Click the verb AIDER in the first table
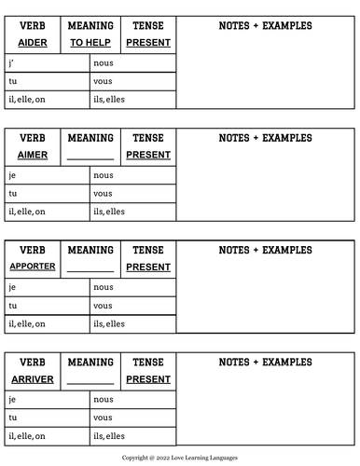(x=33, y=43)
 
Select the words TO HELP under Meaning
(x=90, y=43)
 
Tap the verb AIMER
(x=33, y=155)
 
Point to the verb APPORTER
(x=33, y=267)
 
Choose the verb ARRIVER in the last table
(x=33, y=379)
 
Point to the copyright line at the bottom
(x=180, y=459)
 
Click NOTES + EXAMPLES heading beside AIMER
(x=265, y=138)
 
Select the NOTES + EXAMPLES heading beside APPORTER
(x=265, y=250)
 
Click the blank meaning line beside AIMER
(x=90, y=157)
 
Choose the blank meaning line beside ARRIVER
(x=90, y=381)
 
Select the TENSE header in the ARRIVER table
(x=148, y=362)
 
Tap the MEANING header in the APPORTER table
(x=90, y=250)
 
